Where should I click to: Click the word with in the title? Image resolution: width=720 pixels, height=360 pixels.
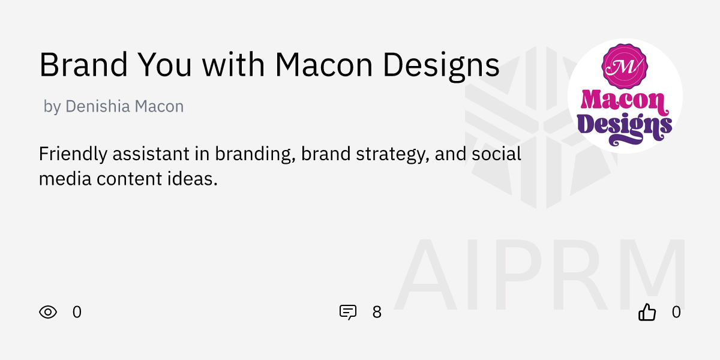235,65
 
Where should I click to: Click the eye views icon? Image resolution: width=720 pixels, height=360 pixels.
48,312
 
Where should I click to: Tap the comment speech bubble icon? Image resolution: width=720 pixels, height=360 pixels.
348,312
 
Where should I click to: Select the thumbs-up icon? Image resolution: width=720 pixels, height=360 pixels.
647,312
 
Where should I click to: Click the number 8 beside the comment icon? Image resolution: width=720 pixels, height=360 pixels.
377,312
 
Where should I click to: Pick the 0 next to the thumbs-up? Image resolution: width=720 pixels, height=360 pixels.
676,312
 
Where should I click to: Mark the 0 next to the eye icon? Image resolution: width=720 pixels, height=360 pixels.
77,312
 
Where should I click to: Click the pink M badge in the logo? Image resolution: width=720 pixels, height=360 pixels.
625,67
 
